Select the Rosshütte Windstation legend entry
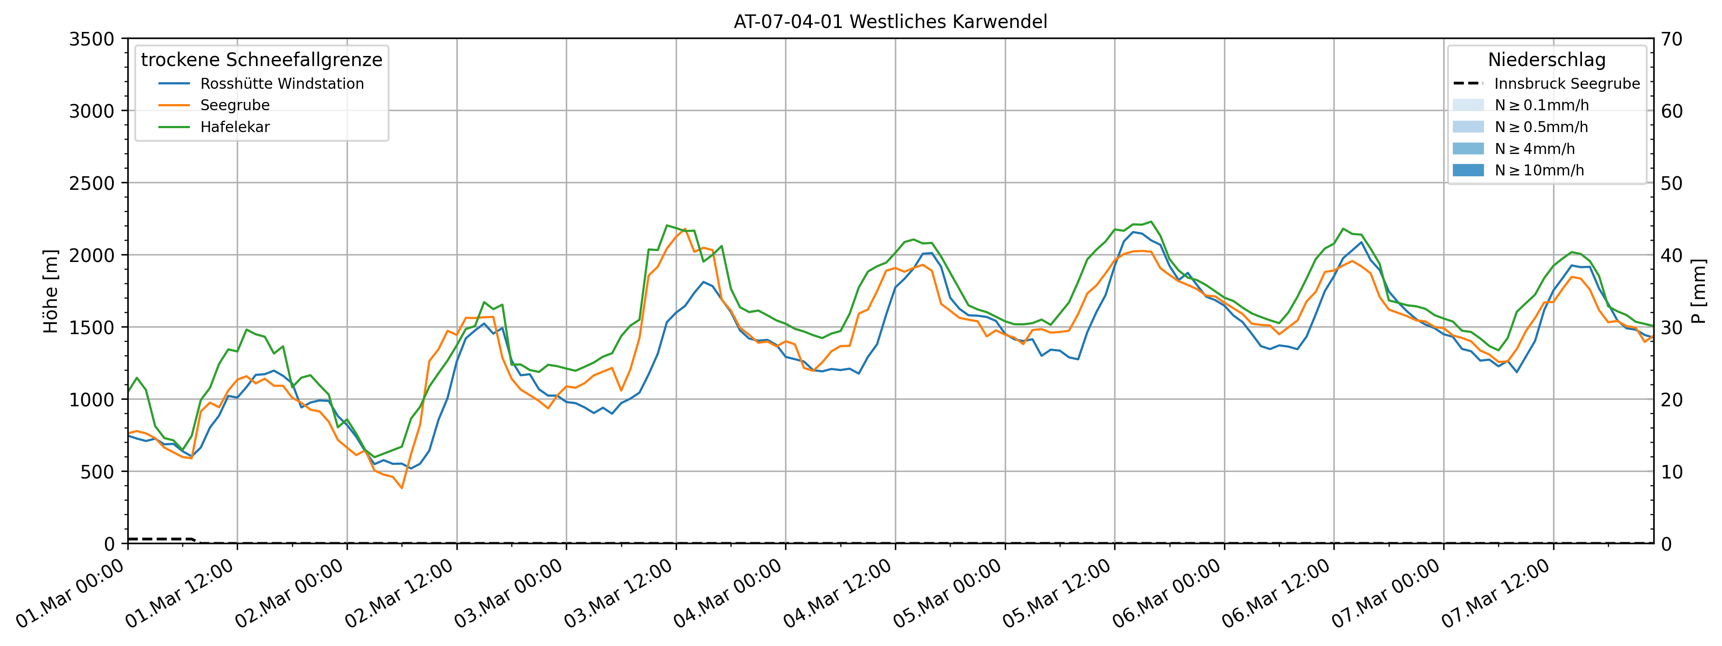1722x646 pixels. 281,84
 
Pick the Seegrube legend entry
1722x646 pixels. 235,105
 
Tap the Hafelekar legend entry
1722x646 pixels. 235,127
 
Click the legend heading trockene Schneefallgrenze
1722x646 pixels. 261,60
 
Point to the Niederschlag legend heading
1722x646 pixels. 1546,60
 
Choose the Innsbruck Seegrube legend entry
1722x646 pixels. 1566,84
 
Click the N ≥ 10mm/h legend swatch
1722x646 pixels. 1468,170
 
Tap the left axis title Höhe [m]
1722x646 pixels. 51,291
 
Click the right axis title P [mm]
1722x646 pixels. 1699,291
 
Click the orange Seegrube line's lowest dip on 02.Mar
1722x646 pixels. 402,488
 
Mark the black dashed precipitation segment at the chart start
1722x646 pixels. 161,538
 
